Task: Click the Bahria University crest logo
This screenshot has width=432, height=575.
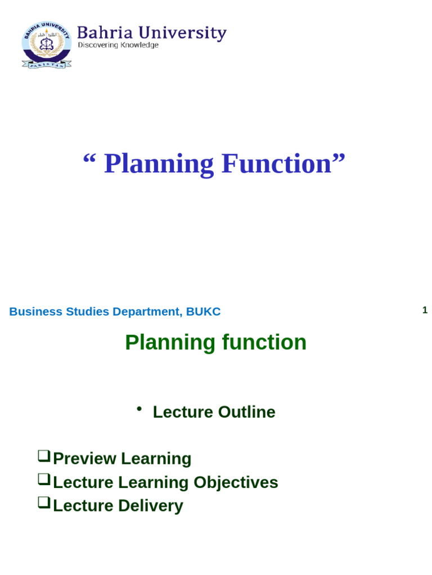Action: coord(46,45)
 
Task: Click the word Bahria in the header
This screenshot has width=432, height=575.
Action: coord(98,33)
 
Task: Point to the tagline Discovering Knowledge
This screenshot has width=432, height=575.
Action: coord(118,45)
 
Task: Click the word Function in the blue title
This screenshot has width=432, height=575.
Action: coord(276,164)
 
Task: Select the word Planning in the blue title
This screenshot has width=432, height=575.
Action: coord(159,164)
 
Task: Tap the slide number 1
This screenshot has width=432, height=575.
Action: coord(425,310)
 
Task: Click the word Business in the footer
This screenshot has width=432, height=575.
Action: coord(35,312)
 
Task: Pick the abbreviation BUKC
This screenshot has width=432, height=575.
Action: coord(203,312)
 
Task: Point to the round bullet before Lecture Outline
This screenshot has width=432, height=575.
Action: coord(139,409)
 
